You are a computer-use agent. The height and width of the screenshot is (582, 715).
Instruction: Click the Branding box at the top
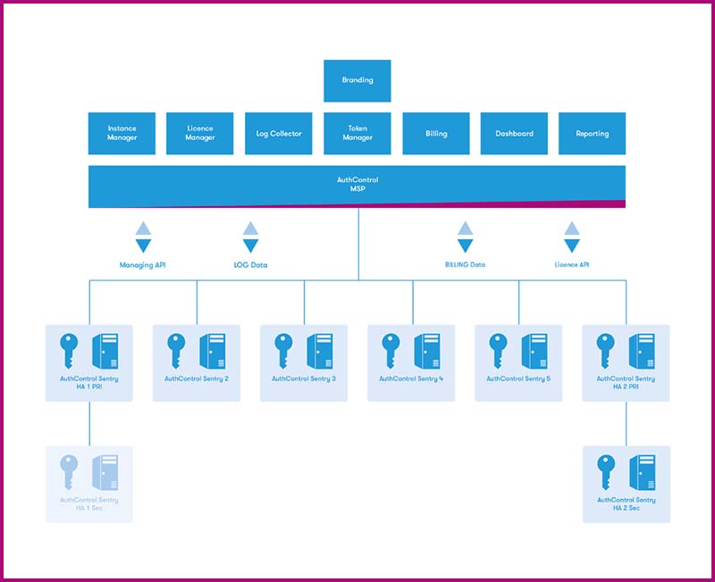tap(357, 80)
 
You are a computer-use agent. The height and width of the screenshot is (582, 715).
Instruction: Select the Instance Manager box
tap(122, 133)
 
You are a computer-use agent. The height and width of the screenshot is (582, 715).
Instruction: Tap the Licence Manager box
tap(199, 133)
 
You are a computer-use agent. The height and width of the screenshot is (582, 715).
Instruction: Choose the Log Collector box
tap(279, 133)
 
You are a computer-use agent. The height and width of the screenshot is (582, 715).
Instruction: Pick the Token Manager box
tap(357, 133)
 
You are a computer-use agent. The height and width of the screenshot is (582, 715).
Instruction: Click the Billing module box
tap(436, 133)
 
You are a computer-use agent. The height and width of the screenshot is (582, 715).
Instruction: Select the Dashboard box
tap(514, 133)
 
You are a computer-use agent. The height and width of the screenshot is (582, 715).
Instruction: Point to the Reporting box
tap(592, 133)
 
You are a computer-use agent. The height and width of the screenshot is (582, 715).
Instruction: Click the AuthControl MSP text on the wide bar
tap(357, 185)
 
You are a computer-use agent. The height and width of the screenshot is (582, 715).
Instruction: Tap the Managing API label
tap(143, 265)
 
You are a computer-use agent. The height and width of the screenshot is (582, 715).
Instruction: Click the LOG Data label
tap(250, 265)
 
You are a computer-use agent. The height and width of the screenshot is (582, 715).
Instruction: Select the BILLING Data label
tap(465, 265)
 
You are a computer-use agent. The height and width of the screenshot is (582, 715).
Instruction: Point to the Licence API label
tap(572, 265)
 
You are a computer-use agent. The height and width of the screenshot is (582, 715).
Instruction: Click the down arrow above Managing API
tap(143, 245)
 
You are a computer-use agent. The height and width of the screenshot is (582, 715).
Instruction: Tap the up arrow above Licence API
tap(572, 229)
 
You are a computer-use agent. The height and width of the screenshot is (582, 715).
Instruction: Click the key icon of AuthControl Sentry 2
tap(176, 350)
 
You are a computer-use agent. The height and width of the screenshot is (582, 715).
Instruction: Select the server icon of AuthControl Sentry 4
tap(427, 350)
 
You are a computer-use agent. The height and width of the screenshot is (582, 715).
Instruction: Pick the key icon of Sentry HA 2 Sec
tap(605, 471)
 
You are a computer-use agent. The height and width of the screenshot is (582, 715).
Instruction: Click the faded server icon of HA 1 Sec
tap(105, 471)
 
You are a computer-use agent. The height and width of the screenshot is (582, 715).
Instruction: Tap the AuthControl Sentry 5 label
tap(518, 379)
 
